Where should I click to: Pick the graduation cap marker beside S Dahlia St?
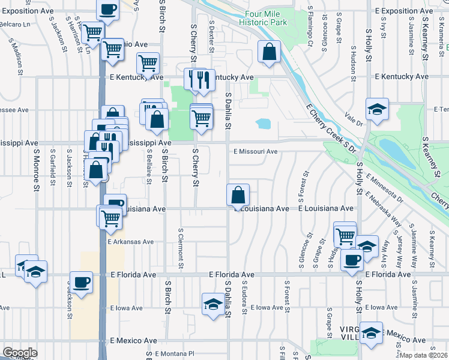[212, 304]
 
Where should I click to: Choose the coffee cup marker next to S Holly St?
[352, 260]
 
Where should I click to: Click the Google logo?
[19, 353]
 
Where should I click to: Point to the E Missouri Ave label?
[256, 152]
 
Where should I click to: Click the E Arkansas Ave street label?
[131, 242]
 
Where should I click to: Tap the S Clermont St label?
[180, 248]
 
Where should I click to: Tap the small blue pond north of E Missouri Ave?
[263, 124]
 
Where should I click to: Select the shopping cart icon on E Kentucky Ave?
[148, 62]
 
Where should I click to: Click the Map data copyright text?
[423, 355]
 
